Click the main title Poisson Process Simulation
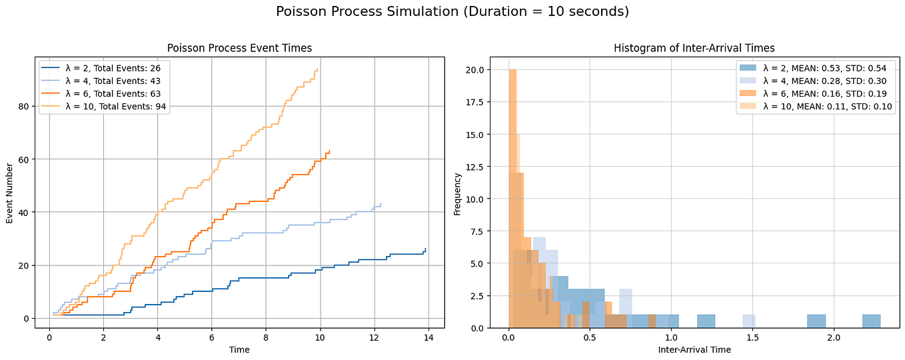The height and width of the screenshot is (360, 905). (x=452, y=12)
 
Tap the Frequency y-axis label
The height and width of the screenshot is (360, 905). (x=458, y=193)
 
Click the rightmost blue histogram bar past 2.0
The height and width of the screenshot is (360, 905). (x=870, y=321)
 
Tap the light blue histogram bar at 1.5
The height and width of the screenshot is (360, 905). (x=748, y=321)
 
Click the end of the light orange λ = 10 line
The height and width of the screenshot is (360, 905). (x=317, y=69)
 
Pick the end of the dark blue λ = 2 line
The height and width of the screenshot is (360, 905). (x=425, y=249)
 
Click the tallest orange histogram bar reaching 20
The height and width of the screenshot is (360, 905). (x=512, y=200)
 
